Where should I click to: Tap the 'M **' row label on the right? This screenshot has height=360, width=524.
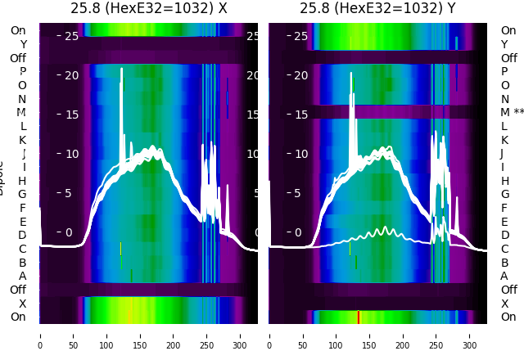pyautogui.click(x=513, y=112)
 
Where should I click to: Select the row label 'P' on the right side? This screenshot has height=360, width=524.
pyautogui.click(x=504, y=71)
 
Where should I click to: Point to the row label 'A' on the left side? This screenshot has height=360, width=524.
pyautogui.click(x=23, y=276)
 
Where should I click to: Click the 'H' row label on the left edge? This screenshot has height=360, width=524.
pyautogui.click(x=23, y=181)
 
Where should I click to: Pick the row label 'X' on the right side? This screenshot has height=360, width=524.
pyautogui.click(x=504, y=304)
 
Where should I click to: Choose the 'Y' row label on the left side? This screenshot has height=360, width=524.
pyautogui.click(x=23, y=44)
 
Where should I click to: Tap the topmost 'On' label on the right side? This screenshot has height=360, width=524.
pyautogui.click(x=508, y=30)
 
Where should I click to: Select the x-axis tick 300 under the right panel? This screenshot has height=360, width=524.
pyautogui.click(x=471, y=335)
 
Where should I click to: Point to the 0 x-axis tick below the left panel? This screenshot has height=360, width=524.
pyautogui.click(x=40, y=335)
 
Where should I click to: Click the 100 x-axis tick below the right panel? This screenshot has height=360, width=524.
pyautogui.click(x=337, y=335)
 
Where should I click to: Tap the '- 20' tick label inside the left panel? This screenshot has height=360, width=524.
pyautogui.click(x=67, y=75)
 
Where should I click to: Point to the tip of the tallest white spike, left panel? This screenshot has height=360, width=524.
pyautogui.click(x=121, y=69)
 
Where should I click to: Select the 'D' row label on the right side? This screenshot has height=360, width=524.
pyautogui.click(x=504, y=235)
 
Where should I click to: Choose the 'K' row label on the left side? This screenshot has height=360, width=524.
pyautogui.click(x=23, y=140)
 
